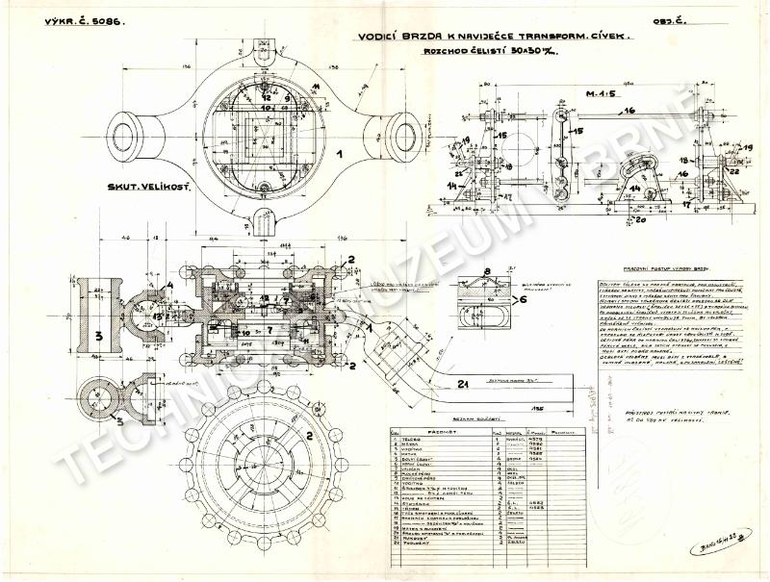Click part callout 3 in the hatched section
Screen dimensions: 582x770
click(97, 337)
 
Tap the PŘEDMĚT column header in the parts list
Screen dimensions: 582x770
click(437, 433)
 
